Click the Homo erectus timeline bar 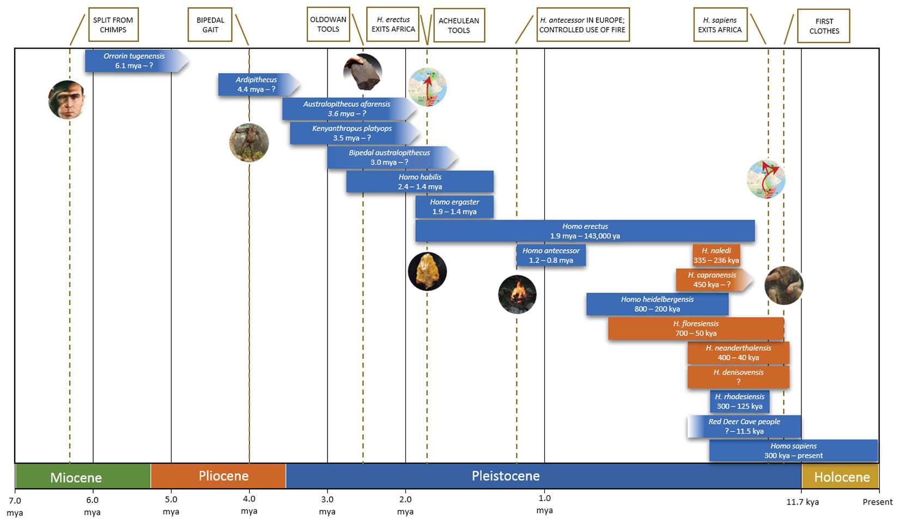coord(585,231)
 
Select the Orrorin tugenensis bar coord(133,60)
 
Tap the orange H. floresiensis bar coord(695,329)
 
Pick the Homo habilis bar coord(420,181)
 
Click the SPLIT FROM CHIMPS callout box coord(113,25)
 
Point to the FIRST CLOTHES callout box coord(823,26)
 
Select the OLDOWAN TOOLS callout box coord(328,24)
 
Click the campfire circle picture coord(517,295)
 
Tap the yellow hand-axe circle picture coord(427,271)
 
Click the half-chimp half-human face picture coord(66,100)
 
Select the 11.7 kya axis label coord(802,502)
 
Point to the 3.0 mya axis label coord(327,505)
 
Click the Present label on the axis coord(877,502)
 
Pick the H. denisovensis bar coord(738,377)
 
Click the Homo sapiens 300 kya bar coord(793,451)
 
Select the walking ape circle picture coord(249,143)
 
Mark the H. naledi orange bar coord(716,255)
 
